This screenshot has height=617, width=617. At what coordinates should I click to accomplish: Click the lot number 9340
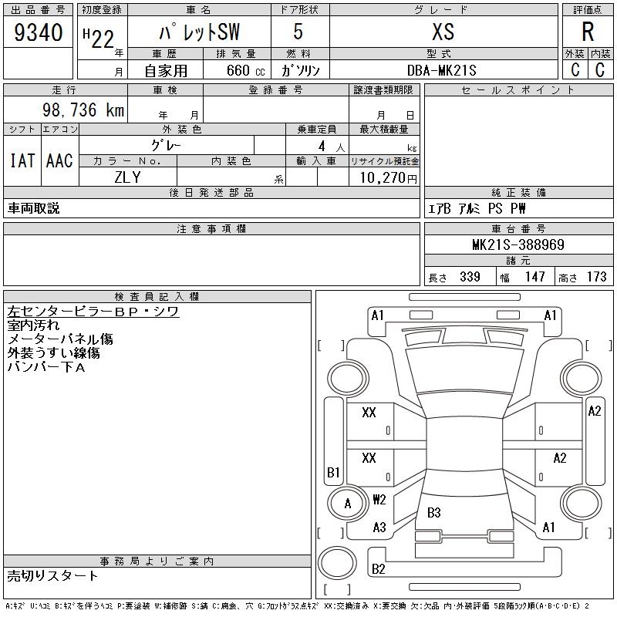tap(39, 32)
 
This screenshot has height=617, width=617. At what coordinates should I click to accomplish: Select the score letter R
tap(587, 32)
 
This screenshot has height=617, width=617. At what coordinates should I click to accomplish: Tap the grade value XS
tap(443, 32)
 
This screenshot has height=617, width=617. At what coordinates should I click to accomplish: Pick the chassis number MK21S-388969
tap(518, 245)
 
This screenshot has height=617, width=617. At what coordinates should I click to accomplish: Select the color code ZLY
tap(128, 176)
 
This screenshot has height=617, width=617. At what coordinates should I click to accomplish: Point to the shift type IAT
tap(22, 160)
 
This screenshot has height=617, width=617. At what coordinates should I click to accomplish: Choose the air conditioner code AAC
tap(59, 160)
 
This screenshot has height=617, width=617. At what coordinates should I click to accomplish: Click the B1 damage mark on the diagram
tap(333, 472)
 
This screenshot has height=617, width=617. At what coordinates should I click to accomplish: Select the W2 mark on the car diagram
tap(379, 500)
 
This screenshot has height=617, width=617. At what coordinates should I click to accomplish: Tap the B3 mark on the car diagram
tap(433, 512)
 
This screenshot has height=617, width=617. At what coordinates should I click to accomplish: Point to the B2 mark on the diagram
tap(379, 569)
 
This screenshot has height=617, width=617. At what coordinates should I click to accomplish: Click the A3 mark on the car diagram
tap(379, 528)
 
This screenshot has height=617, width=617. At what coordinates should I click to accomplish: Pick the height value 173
tap(597, 277)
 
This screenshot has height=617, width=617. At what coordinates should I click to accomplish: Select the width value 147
tap(535, 277)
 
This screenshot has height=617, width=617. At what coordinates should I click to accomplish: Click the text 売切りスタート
tap(52, 575)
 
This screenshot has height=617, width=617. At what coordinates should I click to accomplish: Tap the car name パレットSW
tap(198, 32)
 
